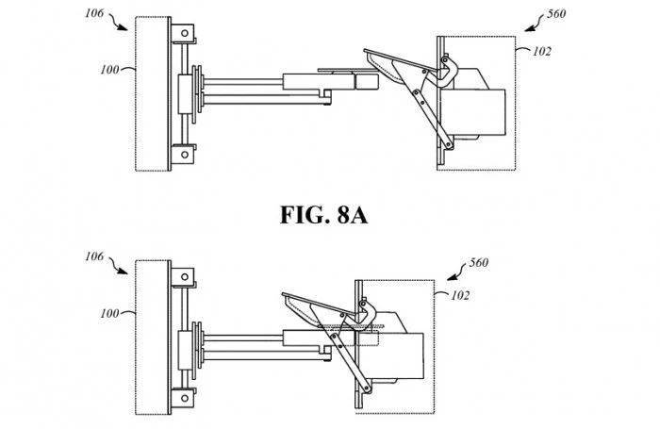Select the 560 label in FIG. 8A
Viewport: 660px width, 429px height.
coord(556,15)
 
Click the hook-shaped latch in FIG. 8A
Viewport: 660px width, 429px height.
coord(447,71)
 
